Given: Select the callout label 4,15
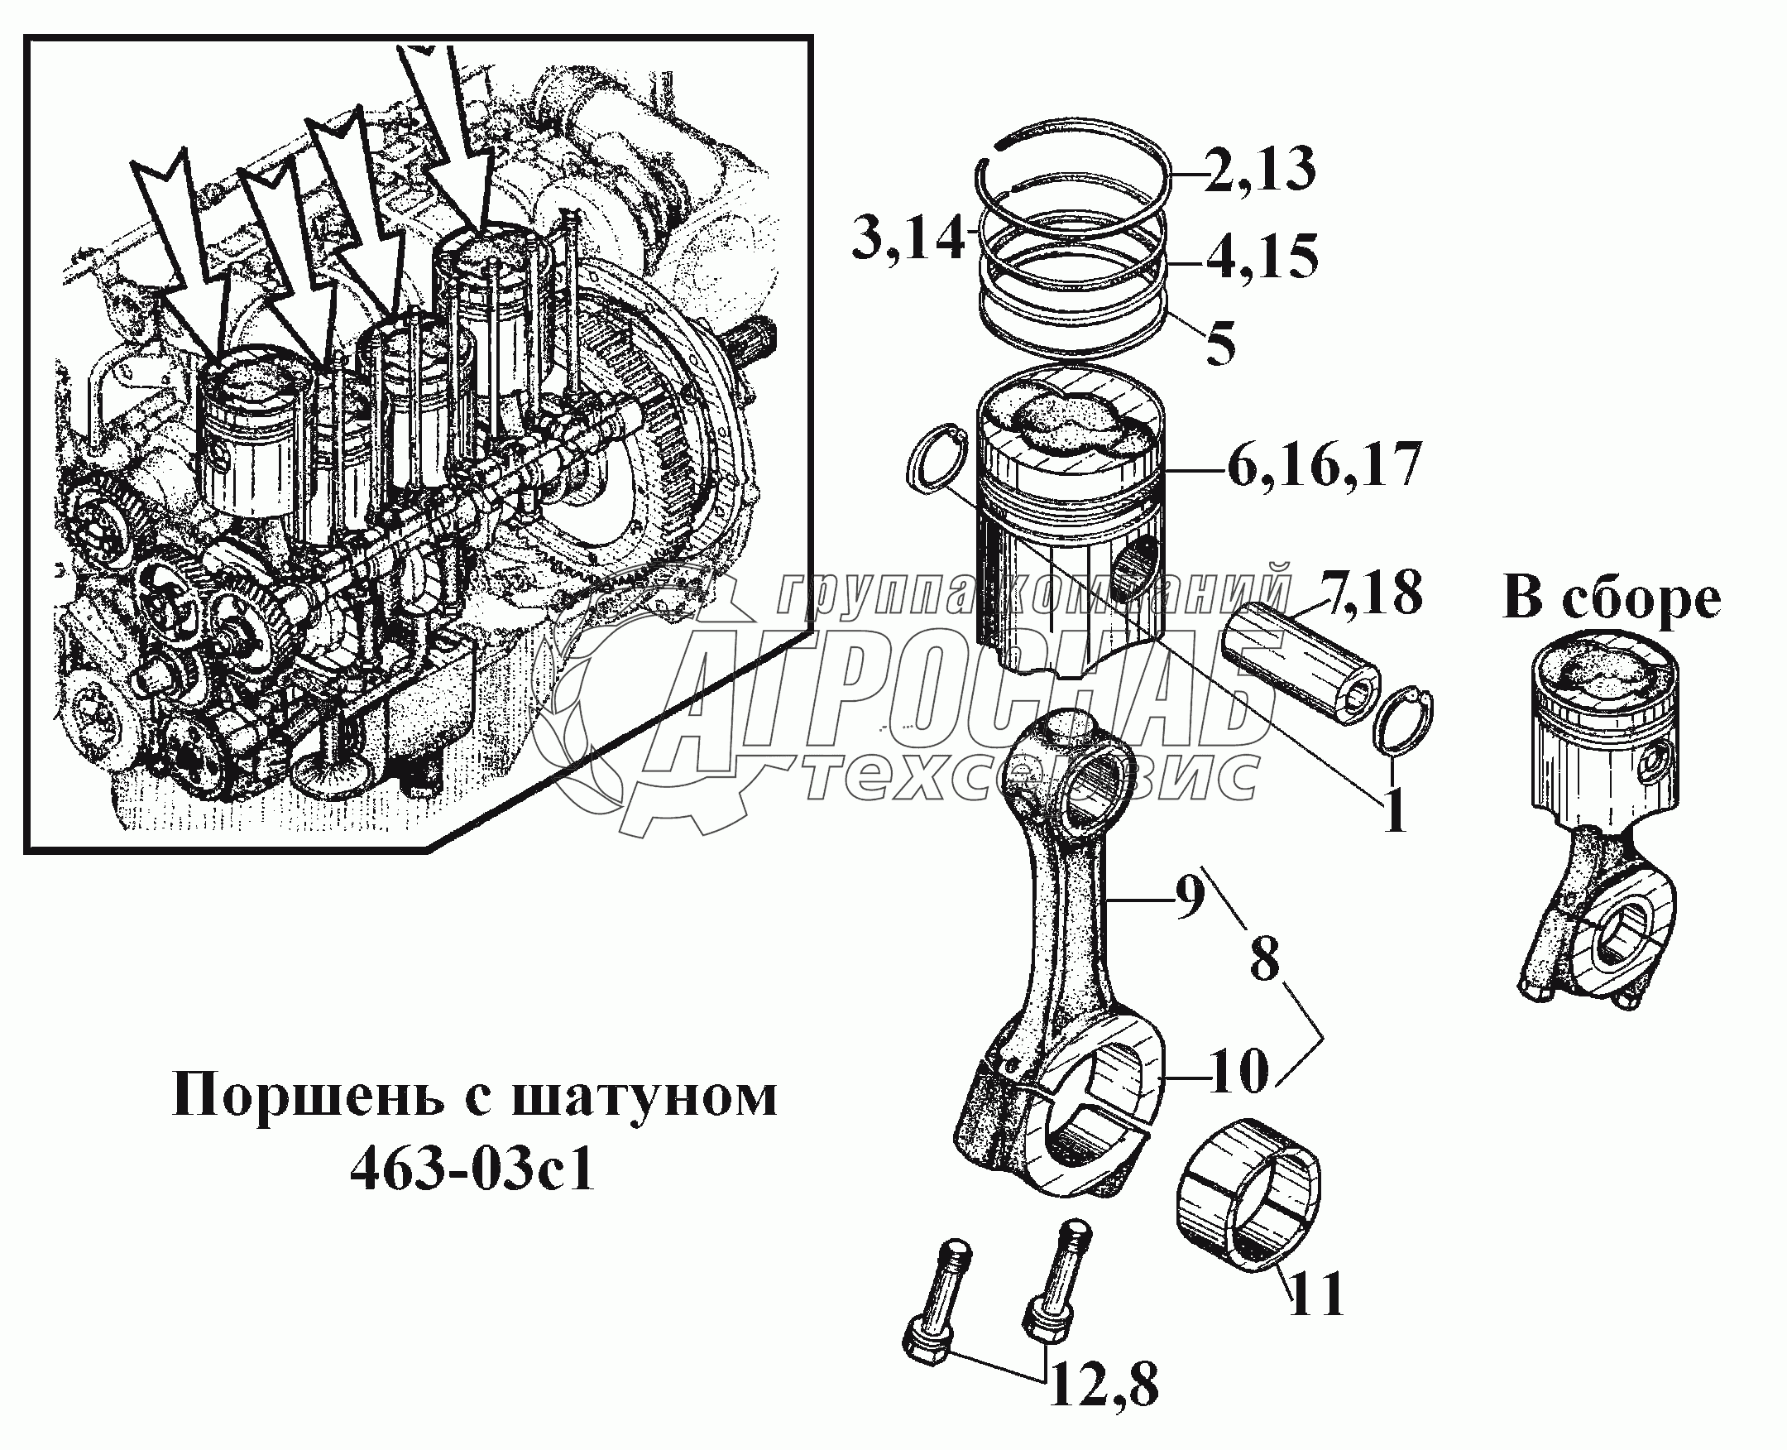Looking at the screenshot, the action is pos(1262,257).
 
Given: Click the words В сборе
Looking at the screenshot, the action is pos(1611,599).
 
